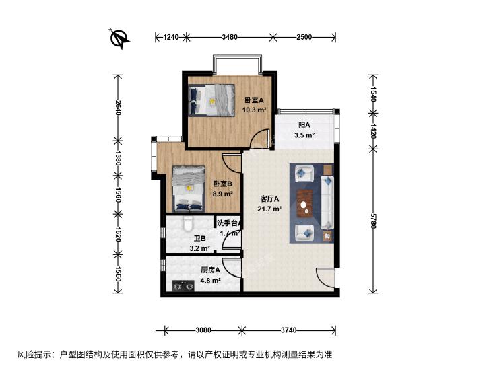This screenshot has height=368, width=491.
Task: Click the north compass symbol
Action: click(120, 38)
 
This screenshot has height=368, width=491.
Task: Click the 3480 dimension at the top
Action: click(230, 37)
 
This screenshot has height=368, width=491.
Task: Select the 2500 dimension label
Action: click(304, 37)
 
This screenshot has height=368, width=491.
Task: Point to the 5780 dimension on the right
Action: click(372, 221)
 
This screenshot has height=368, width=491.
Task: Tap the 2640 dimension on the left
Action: click(118, 107)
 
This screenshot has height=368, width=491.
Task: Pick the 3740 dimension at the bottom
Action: click(288, 330)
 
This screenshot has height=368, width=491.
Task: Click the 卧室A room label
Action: click(255, 100)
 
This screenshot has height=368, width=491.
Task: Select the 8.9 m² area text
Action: click(223, 194)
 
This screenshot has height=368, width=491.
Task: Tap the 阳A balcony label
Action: click(304, 125)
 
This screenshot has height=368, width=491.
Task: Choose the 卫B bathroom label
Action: click(200, 239)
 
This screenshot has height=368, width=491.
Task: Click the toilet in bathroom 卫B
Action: click(188, 224)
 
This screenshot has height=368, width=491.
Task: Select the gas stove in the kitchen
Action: click(183, 286)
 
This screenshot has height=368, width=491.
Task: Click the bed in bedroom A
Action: click(212, 100)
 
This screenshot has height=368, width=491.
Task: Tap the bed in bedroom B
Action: click(189, 189)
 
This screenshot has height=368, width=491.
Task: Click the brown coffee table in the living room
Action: click(304, 204)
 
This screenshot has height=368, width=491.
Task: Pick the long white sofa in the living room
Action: click(327, 203)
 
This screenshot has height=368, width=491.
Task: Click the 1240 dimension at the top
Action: click(171, 37)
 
